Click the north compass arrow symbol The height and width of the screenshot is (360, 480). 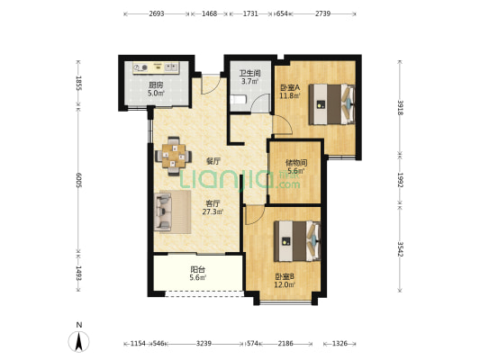pyautogui.click(x=78, y=341)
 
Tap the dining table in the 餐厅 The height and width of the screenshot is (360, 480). pyautogui.click(x=174, y=156)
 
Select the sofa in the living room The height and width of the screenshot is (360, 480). pyautogui.click(x=162, y=212)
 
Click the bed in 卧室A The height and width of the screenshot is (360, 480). pyautogui.click(x=331, y=104)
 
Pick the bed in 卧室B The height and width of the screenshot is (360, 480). pyautogui.click(x=297, y=241)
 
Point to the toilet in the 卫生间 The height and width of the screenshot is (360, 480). pyautogui.click(x=238, y=100)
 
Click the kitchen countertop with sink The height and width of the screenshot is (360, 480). pyautogui.click(x=156, y=67)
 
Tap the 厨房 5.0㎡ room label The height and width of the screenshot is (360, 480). pyautogui.click(x=156, y=89)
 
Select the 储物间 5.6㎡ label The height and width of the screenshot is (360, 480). pyautogui.click(x=296, y=166)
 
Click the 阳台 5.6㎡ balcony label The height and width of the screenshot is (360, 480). pyautogui.click(x=198, y=274)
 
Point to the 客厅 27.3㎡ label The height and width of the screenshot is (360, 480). pyautogui.click(x=213, y=207)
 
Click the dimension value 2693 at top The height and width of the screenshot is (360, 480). pyautogui.click(x=157, y=13)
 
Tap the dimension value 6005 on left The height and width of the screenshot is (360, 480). pyautogui.click(x=78, y=180)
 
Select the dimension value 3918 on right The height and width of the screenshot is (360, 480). pyautogui.click(x=400, y=107)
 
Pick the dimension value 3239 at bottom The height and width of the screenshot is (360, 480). pyautogui.click(x=204, y=344)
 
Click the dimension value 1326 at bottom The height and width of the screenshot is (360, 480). pyautogui.click(x=340, y=344)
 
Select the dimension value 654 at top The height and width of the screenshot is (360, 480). pyautogui.click(x=282, y=13)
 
